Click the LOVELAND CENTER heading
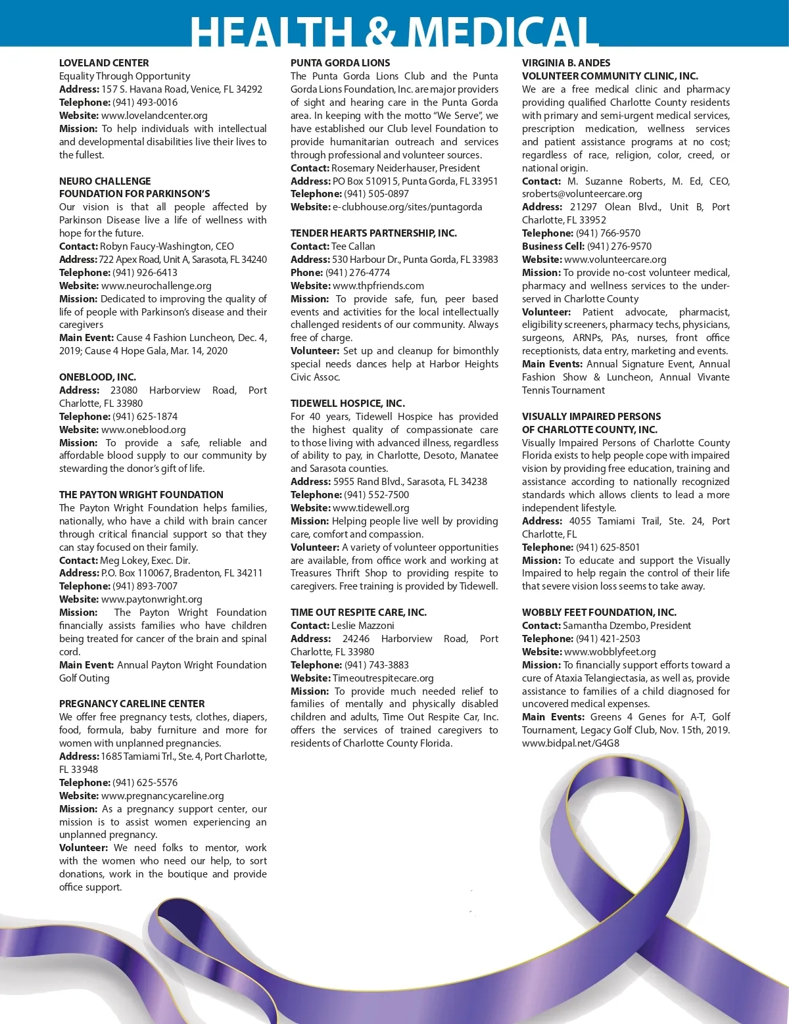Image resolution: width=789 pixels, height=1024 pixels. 104,63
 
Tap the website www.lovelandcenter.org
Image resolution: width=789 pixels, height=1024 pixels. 155,116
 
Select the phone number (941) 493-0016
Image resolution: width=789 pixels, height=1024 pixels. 145,103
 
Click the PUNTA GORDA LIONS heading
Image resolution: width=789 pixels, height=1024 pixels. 340,63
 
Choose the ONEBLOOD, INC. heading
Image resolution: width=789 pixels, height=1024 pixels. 97,377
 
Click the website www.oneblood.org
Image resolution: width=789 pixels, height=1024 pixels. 143,430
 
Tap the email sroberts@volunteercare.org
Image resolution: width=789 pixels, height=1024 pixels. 582,194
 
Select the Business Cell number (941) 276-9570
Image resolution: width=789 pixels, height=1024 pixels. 619,246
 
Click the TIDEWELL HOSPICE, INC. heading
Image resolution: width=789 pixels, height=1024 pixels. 348,404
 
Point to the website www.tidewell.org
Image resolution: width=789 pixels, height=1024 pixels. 371,508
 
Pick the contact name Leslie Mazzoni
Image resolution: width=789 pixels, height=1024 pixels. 363,626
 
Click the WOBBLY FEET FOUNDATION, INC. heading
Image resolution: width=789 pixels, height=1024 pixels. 599,613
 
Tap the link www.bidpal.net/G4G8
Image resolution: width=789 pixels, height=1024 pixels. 571,743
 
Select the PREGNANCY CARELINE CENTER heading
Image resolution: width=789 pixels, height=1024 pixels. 131,704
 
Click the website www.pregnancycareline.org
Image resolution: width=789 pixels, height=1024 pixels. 162,796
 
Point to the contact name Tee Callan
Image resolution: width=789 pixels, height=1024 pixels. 353,246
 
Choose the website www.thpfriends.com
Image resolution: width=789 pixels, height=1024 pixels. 378,286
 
